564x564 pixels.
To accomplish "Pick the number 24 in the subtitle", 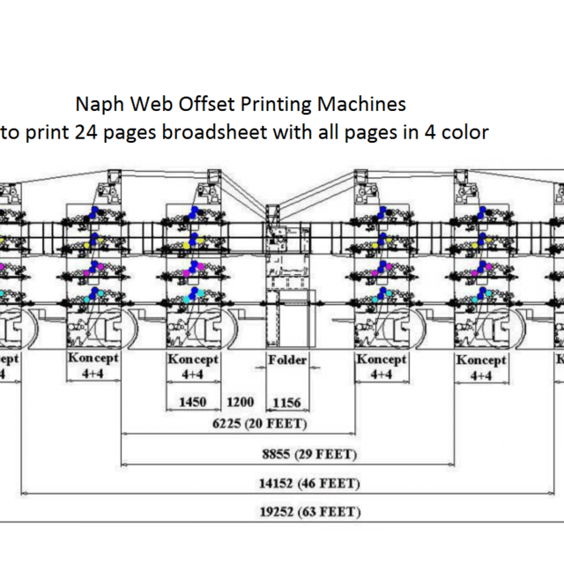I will [x=85, y=132].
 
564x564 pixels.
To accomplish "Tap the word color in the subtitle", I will [x=464, y=132].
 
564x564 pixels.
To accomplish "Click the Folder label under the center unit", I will [x=287, y=360].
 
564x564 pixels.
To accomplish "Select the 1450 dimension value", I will [x=192, y=403].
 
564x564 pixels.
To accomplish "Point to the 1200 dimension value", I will [x=241, y=403].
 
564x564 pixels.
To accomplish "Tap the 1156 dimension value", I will [x=287, y=403].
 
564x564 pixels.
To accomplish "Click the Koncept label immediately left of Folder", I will [x=193, y=360].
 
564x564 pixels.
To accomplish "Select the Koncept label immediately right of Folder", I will [x=381, y=360].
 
